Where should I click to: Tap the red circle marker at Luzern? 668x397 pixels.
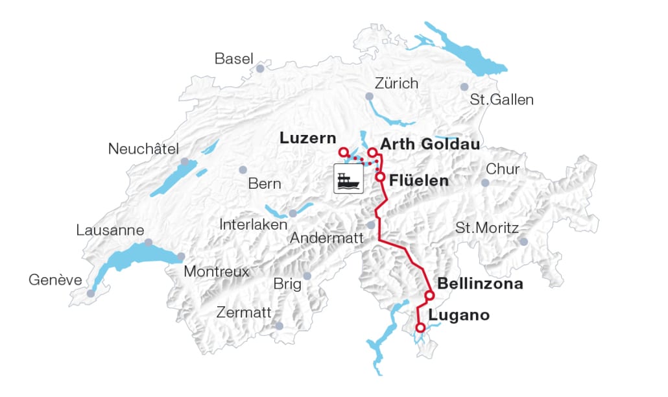tap(344, 152)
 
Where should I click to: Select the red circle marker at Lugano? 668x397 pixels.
tap(420, 328)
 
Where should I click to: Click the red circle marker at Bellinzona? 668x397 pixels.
tap(429, 296)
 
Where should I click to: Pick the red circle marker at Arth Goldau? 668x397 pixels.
tap(373, 152)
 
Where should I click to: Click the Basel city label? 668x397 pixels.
tap(233, 59)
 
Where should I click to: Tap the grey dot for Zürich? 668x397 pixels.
tap(369, 96)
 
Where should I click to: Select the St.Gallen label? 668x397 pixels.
tap(502, 100)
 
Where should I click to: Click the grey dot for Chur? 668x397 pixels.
tap(485, 183)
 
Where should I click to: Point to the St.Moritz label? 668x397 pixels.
tap(487, 228)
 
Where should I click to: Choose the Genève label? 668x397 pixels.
tap(55, 280)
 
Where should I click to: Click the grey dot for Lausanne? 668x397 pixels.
tap(148, 242)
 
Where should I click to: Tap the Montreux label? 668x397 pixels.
tap(217, 272)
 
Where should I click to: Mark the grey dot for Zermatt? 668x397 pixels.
tap(279, 326)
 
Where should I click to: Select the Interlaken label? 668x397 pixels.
tap(254, 224)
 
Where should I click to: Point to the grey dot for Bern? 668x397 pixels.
tap(243, 170)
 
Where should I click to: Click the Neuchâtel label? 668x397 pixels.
tap(143, 149)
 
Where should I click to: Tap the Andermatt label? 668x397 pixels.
tap(326, 238)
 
